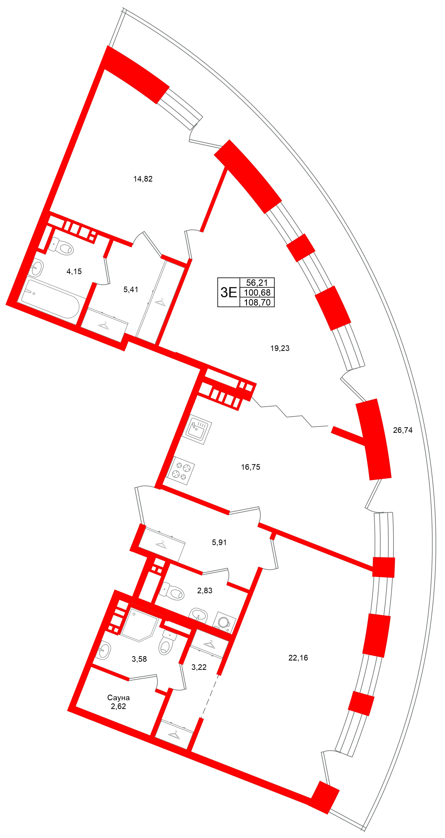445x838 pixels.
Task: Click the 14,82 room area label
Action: (x=143, y=179)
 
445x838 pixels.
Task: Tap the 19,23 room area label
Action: (x=280, y=348)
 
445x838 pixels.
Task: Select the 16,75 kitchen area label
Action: (x=250, y=467)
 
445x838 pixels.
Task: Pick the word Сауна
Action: (x=119, y=698)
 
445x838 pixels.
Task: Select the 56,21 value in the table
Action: (x=257, y=282)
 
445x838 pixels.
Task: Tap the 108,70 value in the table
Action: (x=257, y=302)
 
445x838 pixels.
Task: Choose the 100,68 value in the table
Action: (x=257, y=292)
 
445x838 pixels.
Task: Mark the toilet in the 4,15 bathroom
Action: (x=62, y=246)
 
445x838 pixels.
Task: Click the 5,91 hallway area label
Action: (x=219, y=542)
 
